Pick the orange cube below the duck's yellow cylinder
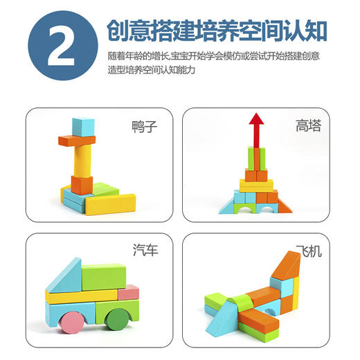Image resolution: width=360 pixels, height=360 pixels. click(x=82, y=185)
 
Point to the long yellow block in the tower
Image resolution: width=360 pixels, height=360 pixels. click(x=257, y=185)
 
